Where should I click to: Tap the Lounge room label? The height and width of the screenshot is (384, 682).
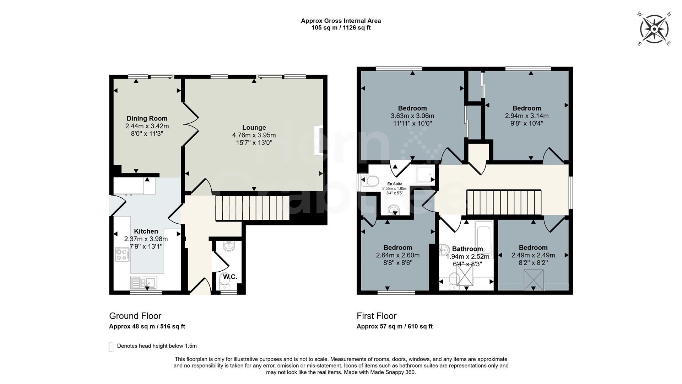click(x=254, y=127)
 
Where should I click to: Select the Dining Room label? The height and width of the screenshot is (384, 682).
click(x=147, y=118)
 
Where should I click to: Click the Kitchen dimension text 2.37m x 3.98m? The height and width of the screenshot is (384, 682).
click(x=146, y=239)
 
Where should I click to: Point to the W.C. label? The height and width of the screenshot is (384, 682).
click(x=230, y=277)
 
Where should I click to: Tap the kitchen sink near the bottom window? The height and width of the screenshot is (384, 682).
click(x=144, y=282)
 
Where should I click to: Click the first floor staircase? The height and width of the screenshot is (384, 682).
click(x=503, y=202)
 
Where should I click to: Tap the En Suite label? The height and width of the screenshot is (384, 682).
click(x=395, y=184)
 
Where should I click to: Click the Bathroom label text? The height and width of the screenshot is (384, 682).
click(x=467, y=249)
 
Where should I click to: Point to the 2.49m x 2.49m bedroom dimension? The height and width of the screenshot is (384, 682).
click(x=533, y=255)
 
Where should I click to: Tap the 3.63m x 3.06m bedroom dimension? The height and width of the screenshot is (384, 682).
click(x=412, y=116)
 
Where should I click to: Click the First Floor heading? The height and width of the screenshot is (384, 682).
click(x=377, y=316)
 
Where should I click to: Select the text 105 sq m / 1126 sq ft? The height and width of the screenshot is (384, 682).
click(x=341, y=28)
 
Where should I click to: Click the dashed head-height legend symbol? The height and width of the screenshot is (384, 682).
click(x=111, y=347)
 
